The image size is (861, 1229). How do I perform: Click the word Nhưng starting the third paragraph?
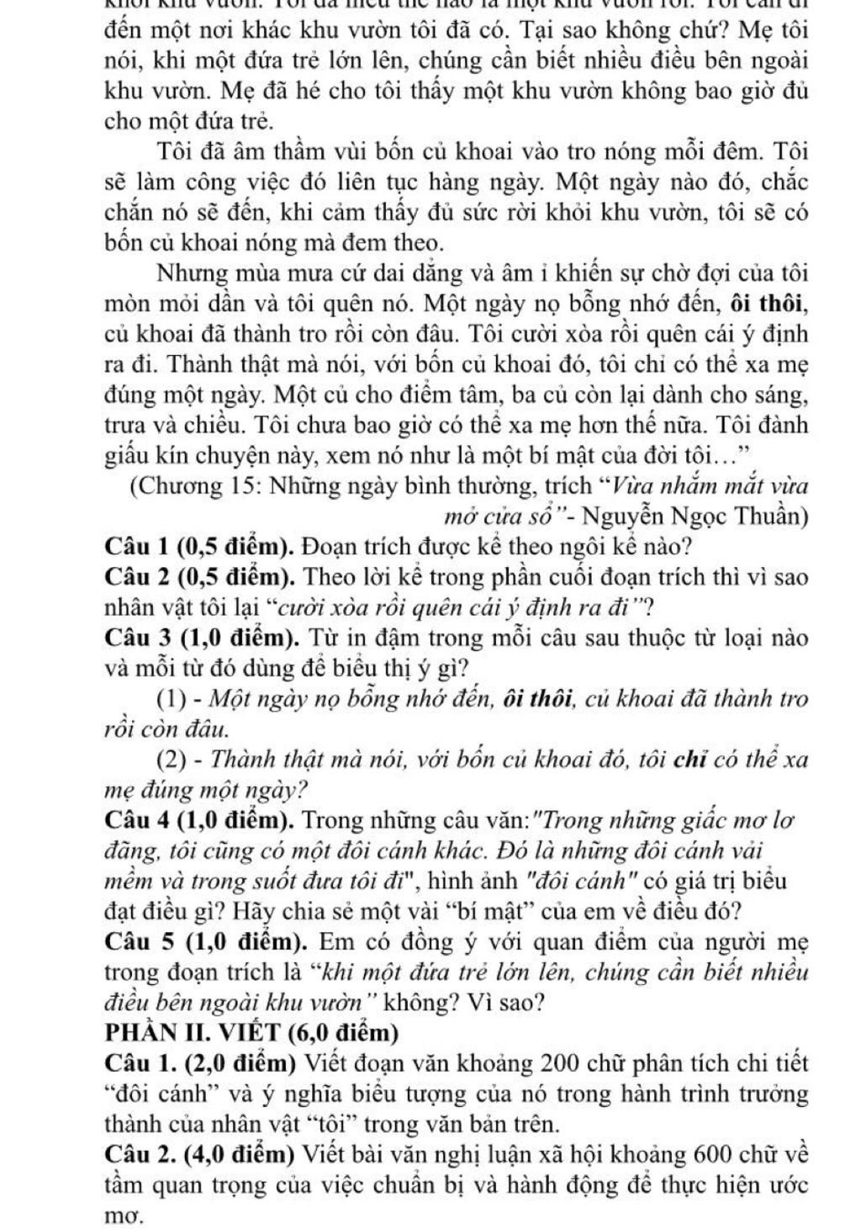click(190, 274)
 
